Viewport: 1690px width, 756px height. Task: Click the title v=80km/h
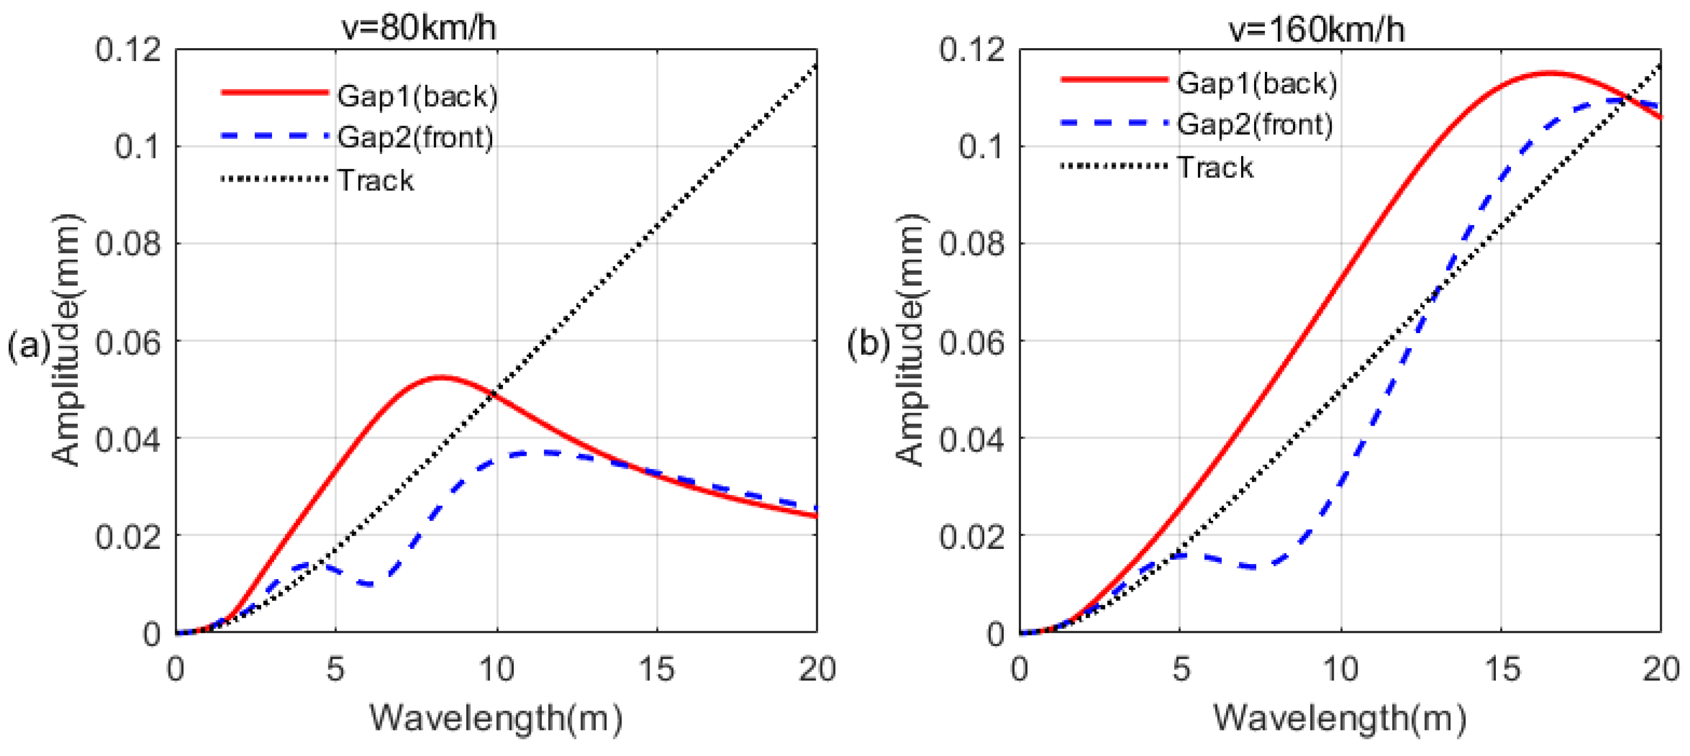pyautogui.click(x=419, y=28)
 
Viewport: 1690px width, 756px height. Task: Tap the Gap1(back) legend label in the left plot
pyautogui.click(x=417, y=96)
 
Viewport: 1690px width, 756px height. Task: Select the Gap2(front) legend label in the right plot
pyautogui.click(x=1254, y=124)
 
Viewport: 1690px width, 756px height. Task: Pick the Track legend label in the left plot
pyautogui.click(x=375, y=180)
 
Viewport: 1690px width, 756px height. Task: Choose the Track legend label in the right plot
pyautogui.click(x=1215, y=167)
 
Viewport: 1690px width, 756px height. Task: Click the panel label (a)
pyautogui.click(x=28, y=345)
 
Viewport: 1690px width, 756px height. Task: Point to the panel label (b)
pyautogui.click(x=868, y=344)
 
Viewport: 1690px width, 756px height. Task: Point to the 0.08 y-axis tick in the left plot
pyautogui.click(x=128, y=244)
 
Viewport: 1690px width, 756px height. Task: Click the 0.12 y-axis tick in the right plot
pyautogui.click(x=972, y=49)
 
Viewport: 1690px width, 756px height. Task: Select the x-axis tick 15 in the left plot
pyautogui.click(x=656, y=669)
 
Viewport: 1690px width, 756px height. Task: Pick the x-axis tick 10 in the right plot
pyautogui.click(x=1340, y=669)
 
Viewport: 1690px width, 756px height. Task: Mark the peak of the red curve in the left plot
pyautogui.click(x=441, y=377)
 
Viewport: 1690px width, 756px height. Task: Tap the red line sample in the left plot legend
pyautogui.click(x=274, y=92)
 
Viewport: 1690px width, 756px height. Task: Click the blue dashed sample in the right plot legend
pyautogui.click(x=1114, y=122)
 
